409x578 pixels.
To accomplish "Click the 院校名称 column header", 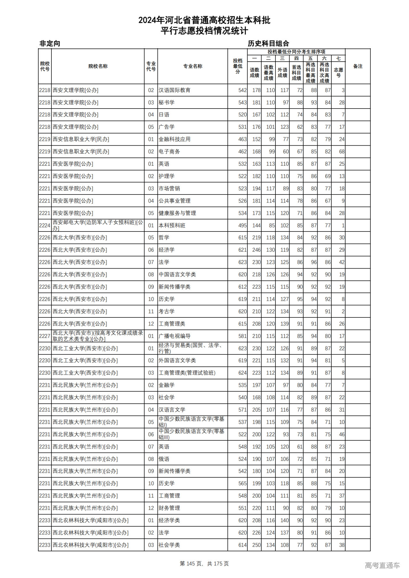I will click(98, 66).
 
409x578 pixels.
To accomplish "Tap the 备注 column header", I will click(358, 66).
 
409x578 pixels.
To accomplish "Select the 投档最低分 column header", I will click(237, 66).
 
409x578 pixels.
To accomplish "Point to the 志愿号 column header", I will click(338, 72).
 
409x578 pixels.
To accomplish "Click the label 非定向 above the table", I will click(50, 43).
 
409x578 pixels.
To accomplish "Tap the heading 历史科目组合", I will click(268, 43).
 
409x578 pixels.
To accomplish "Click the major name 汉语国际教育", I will click(174, 90).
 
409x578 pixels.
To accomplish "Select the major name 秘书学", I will click(166, 103).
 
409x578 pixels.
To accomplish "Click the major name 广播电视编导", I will click(174, 336).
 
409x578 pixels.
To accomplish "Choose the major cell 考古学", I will click(166, 311).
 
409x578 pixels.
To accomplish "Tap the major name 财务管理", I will click(169, 508).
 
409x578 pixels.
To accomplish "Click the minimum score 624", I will click(242, 373).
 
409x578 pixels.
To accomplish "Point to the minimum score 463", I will click(242, 139).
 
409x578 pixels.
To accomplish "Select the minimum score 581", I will click(242, 336).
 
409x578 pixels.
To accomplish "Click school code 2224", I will click(45, 225).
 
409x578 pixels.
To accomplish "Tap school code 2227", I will click(45, 336).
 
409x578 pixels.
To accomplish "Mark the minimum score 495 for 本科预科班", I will click(242, 225).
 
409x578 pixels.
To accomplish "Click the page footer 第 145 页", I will click(191, 564).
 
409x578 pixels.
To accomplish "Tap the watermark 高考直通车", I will click(382, 565).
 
